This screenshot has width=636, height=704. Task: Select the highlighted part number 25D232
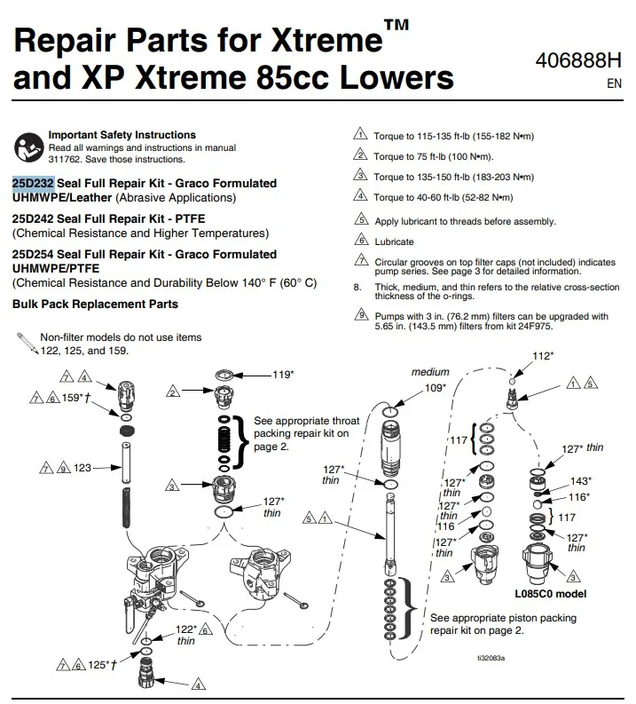[34, 183]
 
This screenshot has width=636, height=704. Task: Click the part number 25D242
[34, 218]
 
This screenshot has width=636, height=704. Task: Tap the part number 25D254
[34, 254]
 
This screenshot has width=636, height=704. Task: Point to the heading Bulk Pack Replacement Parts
[95, 304]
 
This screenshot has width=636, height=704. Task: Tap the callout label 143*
[580, 480]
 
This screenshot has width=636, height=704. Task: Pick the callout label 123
[82, 466]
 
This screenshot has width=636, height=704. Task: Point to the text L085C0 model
[550, 593]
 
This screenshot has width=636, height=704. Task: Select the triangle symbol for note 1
[360, 135]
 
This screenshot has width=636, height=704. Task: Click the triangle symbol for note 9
[360, 315]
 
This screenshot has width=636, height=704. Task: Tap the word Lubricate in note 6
[394, 241]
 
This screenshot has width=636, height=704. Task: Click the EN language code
[614, 84]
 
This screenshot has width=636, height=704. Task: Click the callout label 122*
[186, 628]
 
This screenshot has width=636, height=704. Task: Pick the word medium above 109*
[430, 372]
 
